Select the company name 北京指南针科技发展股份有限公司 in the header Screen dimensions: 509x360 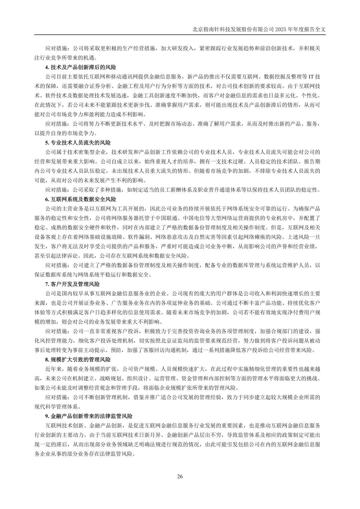233,29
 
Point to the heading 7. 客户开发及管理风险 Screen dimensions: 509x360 72,284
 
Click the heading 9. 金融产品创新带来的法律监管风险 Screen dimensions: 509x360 89,416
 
